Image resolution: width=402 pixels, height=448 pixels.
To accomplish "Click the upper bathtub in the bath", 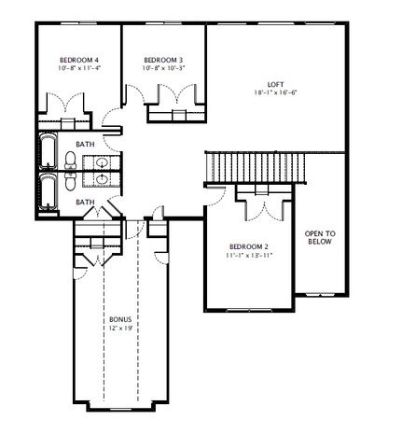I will pyautogui.click(x=47, y=151).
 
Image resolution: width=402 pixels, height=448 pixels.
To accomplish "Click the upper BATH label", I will pyautogui.click(x=85, y=144).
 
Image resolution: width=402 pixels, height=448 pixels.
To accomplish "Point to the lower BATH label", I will pyautogui.click(x=85, y=202).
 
